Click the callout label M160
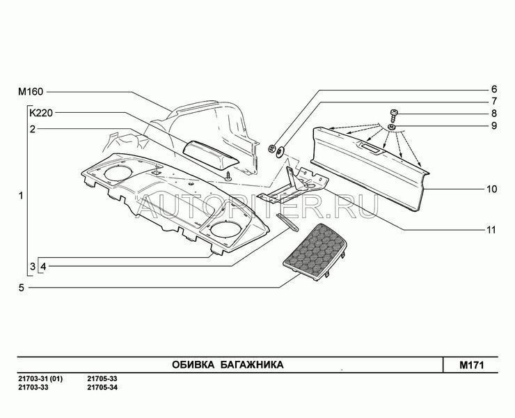(x=31, y=91)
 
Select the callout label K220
(x=41, y=113)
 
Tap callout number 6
(x=494, y=89)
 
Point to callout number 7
(x=494, y=101)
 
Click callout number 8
(x=494, y=114)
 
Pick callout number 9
(x=494, y=125)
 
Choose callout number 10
(x=491, y=189)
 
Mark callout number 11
(x=491, y=230)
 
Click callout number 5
(x=22, y=288)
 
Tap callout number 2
(x=32, y=129)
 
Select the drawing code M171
(x=471, y=365)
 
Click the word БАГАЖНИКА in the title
(x=252, y=365)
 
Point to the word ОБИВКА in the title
(x=193, y=365)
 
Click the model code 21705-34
(x=102, y=387)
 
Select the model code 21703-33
(x=33, y=387)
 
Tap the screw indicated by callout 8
(x=394, y=116)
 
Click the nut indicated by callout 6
(x=271, y=148)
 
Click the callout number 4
(x=43, y=266)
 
